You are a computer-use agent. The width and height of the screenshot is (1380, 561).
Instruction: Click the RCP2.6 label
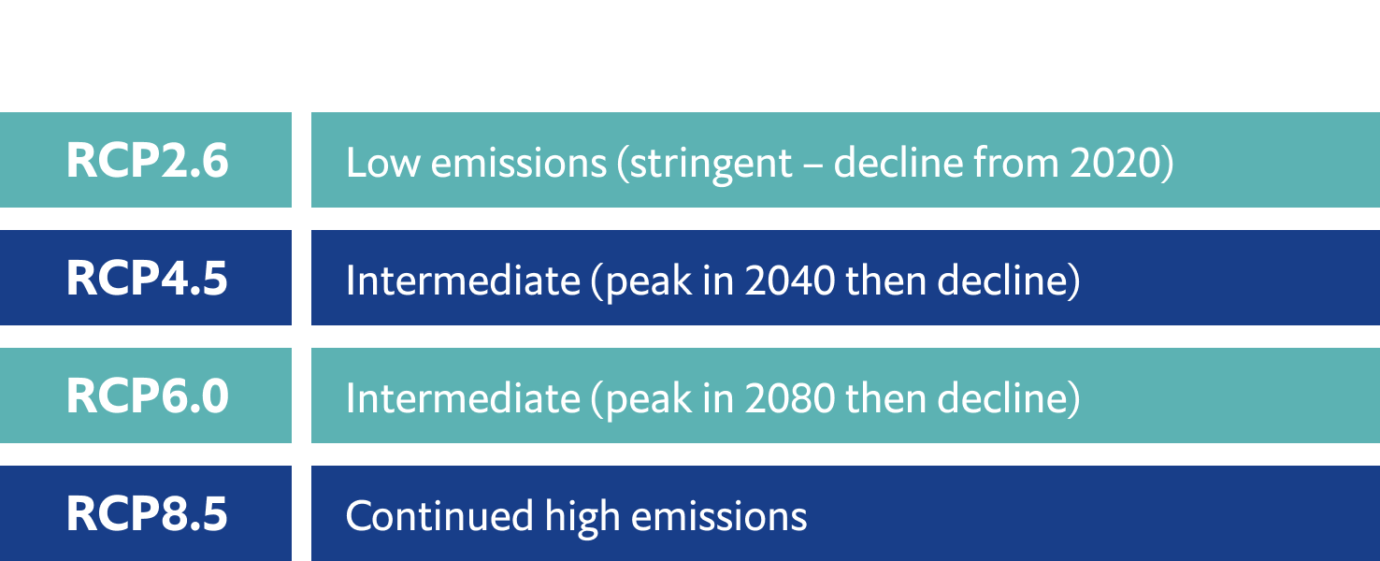(x=147, y=160)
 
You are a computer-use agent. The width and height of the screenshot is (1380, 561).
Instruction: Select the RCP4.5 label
(x=147, y=279)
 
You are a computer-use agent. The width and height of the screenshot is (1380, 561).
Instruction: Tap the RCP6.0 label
(x=147, y=396)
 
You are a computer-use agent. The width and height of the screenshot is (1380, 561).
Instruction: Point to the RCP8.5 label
(x=147, y=513)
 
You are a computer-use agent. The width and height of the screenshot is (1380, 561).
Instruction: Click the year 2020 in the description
(x=1115, y=163)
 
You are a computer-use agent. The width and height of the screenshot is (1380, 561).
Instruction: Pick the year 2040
(x=790, y=280)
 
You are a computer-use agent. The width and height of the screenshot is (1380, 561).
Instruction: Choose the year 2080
(x=790, y=398)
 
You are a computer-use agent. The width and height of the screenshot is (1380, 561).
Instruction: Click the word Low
(x=383, y=163)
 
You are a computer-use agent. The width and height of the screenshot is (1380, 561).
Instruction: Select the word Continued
(x=439, y=516)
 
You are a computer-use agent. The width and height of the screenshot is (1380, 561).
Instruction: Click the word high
(x=582, y=517)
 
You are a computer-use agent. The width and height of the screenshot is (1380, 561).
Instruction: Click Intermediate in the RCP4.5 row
(x=464, y=280)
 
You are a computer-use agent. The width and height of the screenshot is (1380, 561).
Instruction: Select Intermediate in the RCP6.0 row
(x=464, y=398)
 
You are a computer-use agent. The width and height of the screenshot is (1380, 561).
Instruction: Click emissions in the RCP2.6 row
(x=519, y=163)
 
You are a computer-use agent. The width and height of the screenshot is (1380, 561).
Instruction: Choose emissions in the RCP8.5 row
(x=719, y=516)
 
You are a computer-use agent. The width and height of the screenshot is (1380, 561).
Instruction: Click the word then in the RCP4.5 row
(x=886, y=280)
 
